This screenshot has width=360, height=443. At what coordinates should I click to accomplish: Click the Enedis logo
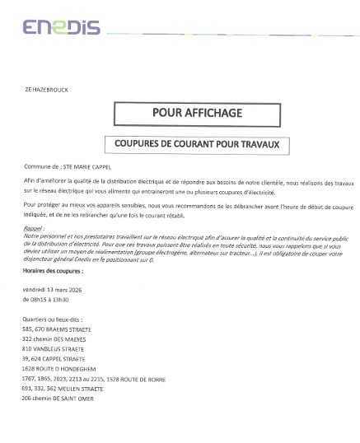coord(62,27)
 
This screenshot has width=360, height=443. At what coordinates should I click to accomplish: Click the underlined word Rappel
coord(33,226)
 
